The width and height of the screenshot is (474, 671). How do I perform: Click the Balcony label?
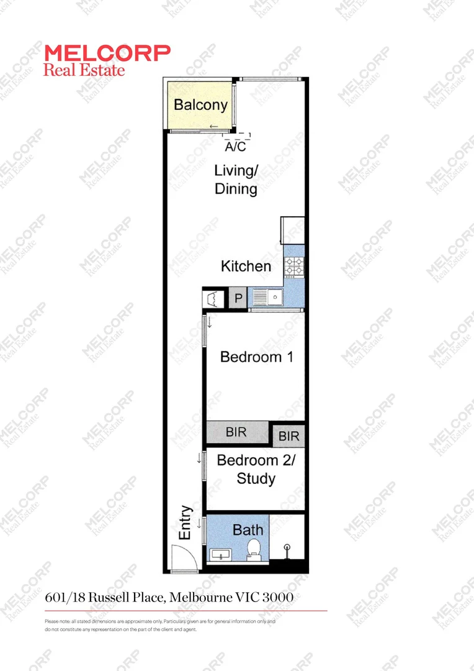click(200, 104)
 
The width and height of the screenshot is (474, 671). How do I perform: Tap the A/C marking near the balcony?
click(235, 147)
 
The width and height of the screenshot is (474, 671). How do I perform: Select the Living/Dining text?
click(236, 180)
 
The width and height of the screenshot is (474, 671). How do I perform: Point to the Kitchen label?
click(246, 267)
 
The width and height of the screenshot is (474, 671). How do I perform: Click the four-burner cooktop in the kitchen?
click(293, 267)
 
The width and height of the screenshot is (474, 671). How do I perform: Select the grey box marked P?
click(238, 299)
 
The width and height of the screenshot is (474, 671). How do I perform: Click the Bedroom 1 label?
click(256, 357)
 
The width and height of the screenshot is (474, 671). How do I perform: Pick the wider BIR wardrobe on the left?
click(236, 432)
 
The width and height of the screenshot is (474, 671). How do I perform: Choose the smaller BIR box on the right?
click(288, 436)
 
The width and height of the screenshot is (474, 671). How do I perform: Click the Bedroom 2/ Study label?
click(256, 470)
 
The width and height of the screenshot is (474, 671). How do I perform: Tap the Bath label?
click(248, 530)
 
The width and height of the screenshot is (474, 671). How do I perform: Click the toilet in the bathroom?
click(254, 549)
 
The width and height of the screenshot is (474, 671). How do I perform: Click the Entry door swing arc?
click(186, 555)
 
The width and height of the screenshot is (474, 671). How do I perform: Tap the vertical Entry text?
click(185, 522)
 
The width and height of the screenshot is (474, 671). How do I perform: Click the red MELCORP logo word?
click(107, 53)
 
